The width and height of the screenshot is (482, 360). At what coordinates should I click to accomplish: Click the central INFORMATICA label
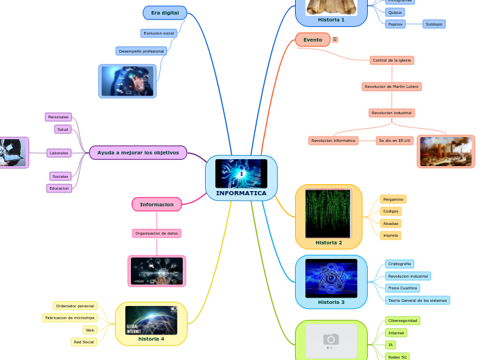click(x=241, y=193)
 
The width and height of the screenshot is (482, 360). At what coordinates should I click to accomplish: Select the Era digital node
click(x=165, y=13)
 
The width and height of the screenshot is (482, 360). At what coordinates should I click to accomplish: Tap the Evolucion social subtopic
click(x=159, y=33)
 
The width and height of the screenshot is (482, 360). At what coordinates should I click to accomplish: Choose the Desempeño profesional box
click(x=141, y=51)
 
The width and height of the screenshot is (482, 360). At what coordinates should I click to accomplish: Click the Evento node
click(x=312, y=40)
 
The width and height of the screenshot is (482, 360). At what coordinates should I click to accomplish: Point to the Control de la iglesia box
click(x=392, y=60)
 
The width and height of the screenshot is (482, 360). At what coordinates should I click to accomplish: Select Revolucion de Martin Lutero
click(x=392, y=87)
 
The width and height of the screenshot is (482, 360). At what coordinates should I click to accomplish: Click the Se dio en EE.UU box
click(x=394, y=141)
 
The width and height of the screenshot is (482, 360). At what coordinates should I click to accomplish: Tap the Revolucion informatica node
click(x=333, y=141)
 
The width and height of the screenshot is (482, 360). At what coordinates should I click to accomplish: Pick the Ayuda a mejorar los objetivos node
click(x=138, y=152)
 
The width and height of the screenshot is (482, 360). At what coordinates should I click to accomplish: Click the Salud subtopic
click(x=63, y=129)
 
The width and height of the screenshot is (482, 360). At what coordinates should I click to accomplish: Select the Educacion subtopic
click(x=59, y=188)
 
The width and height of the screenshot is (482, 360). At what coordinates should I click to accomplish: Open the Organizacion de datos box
click(x=157, y=233)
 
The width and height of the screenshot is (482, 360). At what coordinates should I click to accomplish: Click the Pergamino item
click(x=393, y=199)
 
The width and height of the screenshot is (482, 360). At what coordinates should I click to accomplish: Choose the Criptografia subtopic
click(x=400, y=264)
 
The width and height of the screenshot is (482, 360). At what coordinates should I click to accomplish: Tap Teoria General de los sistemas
click(x=418, y=300)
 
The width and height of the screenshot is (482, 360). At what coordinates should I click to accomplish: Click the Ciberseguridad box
click(x=402, y=321)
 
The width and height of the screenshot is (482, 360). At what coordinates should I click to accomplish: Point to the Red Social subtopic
click(x=84, y=342)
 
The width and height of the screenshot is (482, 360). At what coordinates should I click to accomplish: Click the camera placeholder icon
click(x=331, y=339)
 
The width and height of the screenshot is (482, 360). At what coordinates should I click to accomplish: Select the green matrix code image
click(x=328, y=213)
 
